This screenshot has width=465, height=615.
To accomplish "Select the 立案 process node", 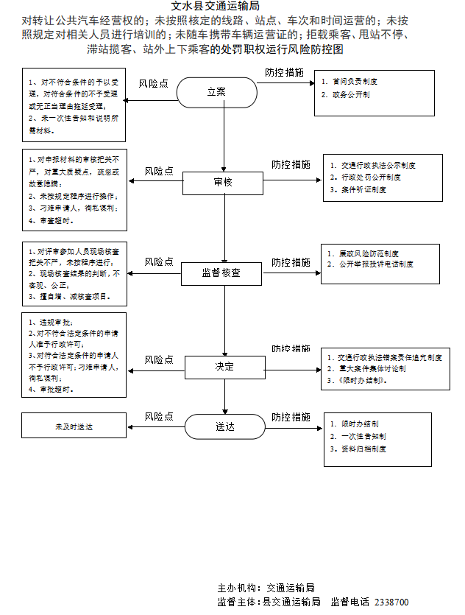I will [x=216, y=92].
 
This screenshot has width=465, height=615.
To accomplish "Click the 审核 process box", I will [x=222, y=182].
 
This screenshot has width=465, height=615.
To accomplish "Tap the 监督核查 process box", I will [x=221, y=273].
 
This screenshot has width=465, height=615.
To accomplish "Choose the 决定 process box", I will [x=224, y=366].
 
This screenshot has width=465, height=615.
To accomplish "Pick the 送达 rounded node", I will [x=224, y=426].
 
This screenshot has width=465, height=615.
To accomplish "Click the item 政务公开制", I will [x=349, y=96].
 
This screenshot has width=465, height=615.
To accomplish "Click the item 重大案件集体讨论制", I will [x=372, y=369].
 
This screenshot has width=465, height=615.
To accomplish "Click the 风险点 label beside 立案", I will [x=154, y=82].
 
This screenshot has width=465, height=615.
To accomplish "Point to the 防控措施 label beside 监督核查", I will [x=291, y=262].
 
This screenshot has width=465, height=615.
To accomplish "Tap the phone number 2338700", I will [x=391, y=602].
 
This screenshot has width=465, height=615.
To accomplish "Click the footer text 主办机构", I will [x=238, y=588].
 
